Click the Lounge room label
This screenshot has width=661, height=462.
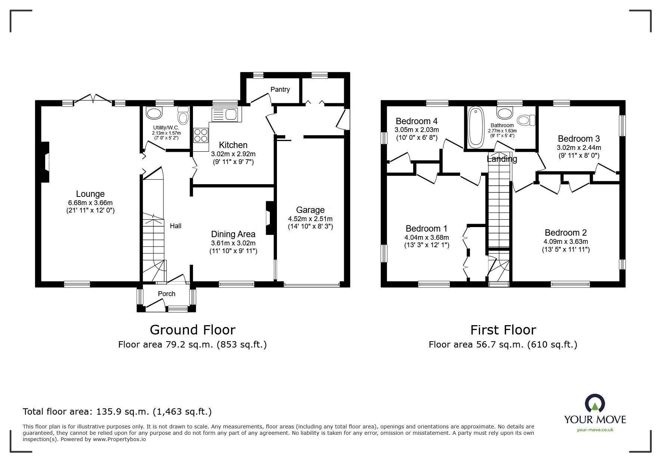click(x=90, y=194)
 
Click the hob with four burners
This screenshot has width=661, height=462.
click(x=201, y=135)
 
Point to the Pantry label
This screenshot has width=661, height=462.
click(x=280, y=89)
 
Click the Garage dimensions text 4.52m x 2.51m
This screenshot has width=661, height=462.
click(x=310, y=219)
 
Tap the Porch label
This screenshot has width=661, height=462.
click(x=166, y=294)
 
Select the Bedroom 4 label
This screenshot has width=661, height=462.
click(x=417, y=121)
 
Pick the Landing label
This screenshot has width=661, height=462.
click(x=502, y=159)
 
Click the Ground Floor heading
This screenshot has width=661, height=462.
click(x=193, y=330)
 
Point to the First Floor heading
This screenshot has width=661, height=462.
click(x=503, y=330)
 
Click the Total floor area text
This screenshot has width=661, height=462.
click(x=117, y=412)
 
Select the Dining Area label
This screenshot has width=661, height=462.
click(x=233, y=234)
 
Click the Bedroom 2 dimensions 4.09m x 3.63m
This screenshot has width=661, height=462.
click(x=566, y=241)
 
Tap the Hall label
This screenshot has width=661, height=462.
click(x=176, y=226)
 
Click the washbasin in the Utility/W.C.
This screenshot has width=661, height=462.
click(x=154, y=113)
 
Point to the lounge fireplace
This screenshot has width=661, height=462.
click(x=45, y=162)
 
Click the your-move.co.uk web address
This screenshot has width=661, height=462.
click(x=595, y=430)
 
